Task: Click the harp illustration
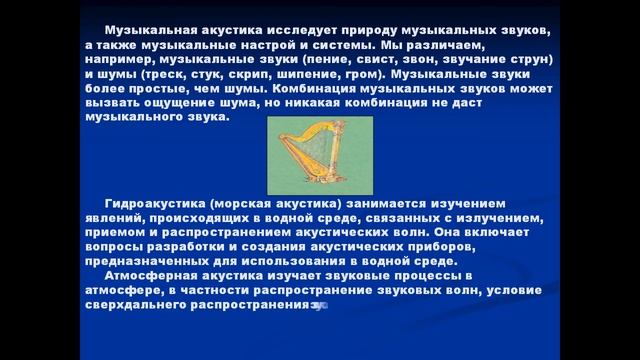pyautogui.click(x=319, y=155)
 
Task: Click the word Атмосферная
pyautogui.click(x=149, y=274)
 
